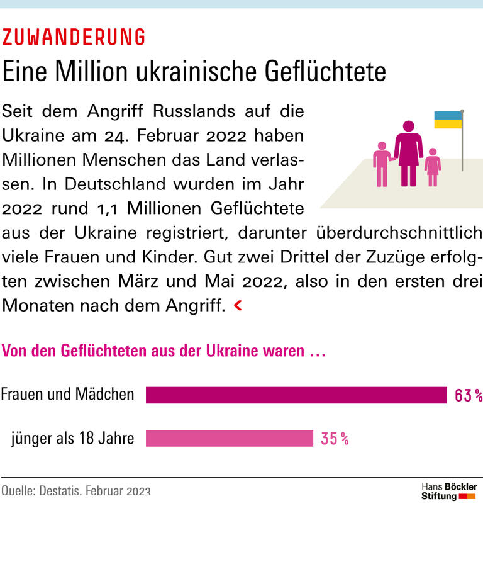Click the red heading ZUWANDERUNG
pos(74,38)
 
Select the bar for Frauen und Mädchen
pos(296,395)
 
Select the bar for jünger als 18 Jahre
pos(229,438)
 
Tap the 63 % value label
pos(468,395)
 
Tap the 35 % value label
pos(335,439)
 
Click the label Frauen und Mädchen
pos(67,395)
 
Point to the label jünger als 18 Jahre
pos(72,438)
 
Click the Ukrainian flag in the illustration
pos(448,120)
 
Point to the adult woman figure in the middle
pos(409,153)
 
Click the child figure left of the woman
pos(380,164)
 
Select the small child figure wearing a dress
pos(433,167)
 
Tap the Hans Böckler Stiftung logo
pos(448,492)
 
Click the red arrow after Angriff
pos(237,306)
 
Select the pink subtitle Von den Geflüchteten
pos(164,351)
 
